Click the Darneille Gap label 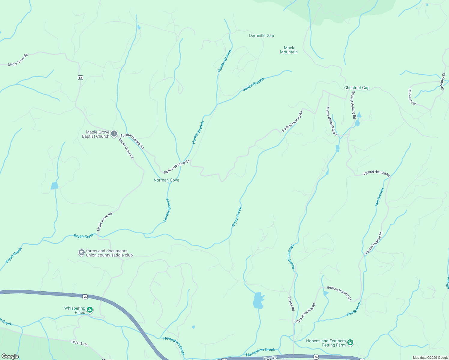click(261, 35)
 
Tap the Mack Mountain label click(289, 50)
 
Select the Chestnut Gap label click(357, 88)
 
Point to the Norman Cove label click(166, 180)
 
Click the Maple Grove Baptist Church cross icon click(114, 134)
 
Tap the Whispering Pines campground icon click(90, 310)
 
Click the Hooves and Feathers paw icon click(350, 342)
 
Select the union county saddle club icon click(81, 253)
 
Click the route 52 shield click(80, 78)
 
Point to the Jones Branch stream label click(253, 84)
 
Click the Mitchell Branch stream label click(291, 257)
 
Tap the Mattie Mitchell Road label click(332, 121)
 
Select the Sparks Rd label click(291, 304)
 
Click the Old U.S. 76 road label click(80, 343)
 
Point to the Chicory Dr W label click(412, 97)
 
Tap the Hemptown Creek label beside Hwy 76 click(261, 352)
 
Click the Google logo click(10, 356)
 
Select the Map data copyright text click(430, 358)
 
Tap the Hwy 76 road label click(270, 358)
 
